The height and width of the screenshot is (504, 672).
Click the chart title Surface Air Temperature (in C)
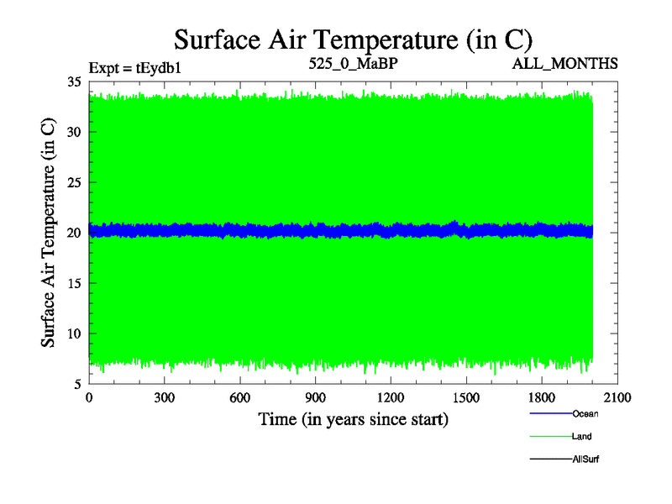pyautogui.click(x=353, y=39)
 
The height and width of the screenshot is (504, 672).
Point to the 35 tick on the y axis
pyautogui.click(x=75, y=81)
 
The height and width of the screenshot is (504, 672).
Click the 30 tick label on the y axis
pyautogui.click(x=75, y=132)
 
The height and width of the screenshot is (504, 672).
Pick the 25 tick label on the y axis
pyautogui.click(x=75, y=182)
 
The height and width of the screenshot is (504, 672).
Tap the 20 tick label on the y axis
pyautogui.click(x=75, y=233)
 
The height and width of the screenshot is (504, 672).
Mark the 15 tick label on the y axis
pyautogui.click(x=75, y=283)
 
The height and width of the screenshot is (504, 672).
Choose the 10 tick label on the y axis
pyautogui.click(x=75, y=333)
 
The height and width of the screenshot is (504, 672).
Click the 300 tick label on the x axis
pyautogui.click(x=164, y=397)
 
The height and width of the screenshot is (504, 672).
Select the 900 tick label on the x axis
pyautogui.click(x=315, y=397)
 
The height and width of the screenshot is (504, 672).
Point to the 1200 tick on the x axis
pyautogui.click(x=391, y=397)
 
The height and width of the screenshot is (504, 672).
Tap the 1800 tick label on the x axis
pyautogui.click(x=542, y=397)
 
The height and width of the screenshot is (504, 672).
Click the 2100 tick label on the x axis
pyautogui.click(x=617, y=397)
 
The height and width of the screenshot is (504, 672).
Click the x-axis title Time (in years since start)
pyautogui.click(x=353, y=418)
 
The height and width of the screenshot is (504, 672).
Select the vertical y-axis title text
pyautogui.click(x=49, y=233)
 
